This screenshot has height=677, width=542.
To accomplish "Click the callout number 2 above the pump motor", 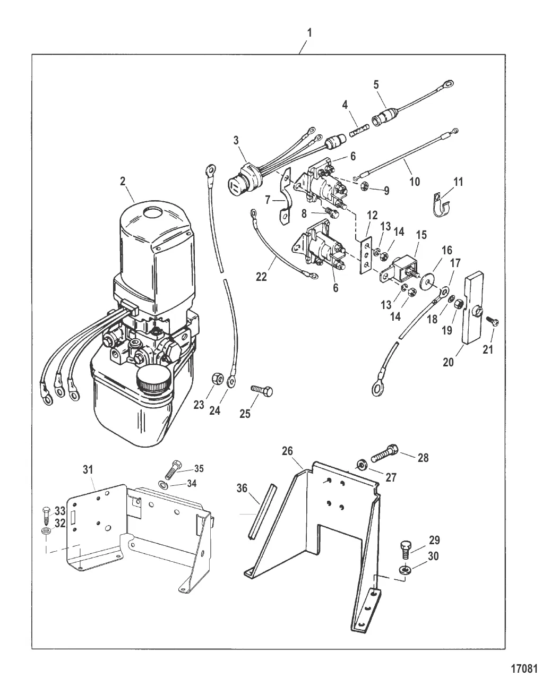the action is coord(123,181).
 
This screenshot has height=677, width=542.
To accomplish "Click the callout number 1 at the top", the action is coord(310,33).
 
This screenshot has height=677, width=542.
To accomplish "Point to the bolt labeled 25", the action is coord(262,391).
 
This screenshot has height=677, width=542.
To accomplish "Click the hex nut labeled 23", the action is coord(217,378).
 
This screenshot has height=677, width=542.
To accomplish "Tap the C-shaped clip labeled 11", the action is coord(442,205).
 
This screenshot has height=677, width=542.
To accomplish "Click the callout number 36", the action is coord(242,489).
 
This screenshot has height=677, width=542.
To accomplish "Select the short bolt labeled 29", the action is coord(406,552).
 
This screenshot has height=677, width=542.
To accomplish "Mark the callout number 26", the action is coord(287,451).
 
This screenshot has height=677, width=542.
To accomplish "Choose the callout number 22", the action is coord(261,277).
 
